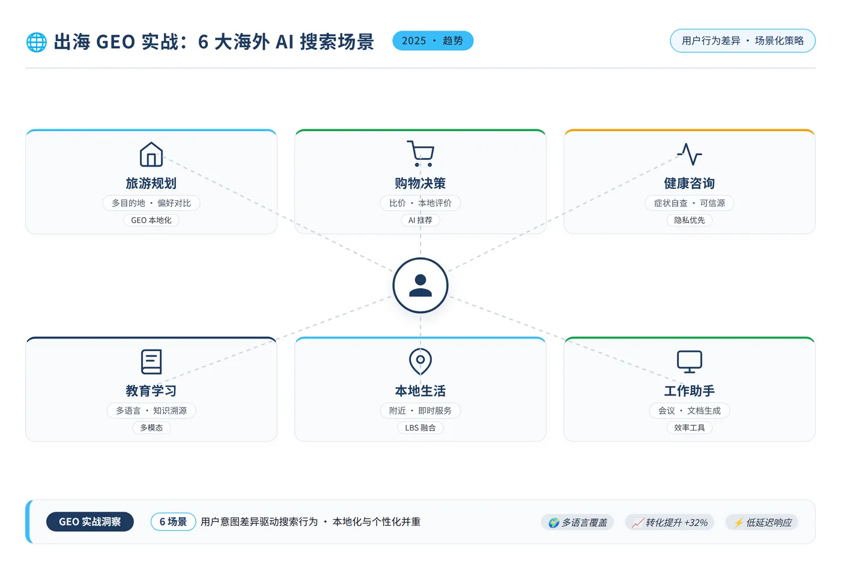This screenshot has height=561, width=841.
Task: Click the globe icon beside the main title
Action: [x=37, y=42]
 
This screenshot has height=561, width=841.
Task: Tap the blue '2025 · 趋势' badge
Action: [x=433, y=40]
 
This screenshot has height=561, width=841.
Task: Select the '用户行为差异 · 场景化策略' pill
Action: [x=742, y=40]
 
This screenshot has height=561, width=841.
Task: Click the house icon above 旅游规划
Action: [x=151, y=154]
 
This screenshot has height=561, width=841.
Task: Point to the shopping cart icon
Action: [x=421, y=153]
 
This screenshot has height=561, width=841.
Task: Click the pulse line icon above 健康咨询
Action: [x=690, y=154]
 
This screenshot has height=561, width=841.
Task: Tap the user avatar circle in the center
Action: [x=420, y=285]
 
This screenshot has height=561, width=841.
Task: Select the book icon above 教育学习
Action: [x=151, y=361]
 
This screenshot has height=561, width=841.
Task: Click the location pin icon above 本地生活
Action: [x=420, y=361]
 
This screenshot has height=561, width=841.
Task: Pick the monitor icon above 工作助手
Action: [x=690, y=361]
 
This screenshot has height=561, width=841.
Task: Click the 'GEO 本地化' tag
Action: [x=151, y=220]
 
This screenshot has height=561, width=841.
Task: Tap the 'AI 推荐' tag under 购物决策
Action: [x=420, y=220]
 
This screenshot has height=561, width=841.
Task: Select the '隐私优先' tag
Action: [x=690, y=220]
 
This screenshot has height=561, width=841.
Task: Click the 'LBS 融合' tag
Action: [x=420, y=428]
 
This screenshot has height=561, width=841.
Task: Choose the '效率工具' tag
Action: [x=690, y=428]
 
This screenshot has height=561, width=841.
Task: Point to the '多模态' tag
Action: [x=151, y=428]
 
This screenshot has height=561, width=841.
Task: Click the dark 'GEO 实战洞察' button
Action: [x=90, y=521]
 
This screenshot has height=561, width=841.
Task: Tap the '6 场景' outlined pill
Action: [x=173, y=521]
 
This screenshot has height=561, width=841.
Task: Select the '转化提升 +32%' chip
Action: [x=669, y=523]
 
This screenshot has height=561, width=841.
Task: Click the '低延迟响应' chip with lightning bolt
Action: [x=762, y=523]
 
